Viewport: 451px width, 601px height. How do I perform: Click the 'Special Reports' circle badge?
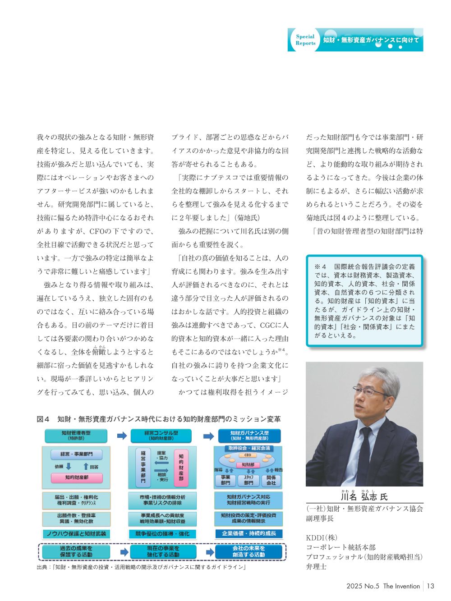(305, 40)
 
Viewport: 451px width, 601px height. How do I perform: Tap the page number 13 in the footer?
(430, 586)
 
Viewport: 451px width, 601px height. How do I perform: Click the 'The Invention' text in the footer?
(401, 586)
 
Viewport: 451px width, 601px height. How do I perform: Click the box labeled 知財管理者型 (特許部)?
(76, 436)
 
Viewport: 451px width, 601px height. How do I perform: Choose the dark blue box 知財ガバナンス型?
(249, 436)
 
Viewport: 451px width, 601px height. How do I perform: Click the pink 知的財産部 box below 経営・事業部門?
(76, 477)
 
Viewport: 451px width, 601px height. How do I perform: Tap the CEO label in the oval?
(248, 455)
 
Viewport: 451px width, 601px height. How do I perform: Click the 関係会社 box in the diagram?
(271, 480)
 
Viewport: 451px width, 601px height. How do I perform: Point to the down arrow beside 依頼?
(69, 466)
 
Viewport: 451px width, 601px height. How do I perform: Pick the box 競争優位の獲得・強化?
(162, 534)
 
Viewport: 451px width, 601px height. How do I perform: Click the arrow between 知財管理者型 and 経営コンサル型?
(122, 436)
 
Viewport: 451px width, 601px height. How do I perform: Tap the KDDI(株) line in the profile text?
(322, 537)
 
